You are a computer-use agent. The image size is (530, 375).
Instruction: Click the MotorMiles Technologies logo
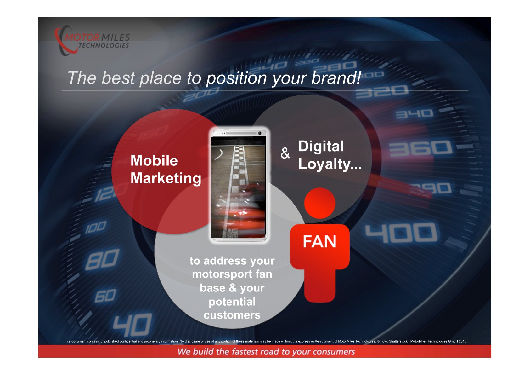coord(92,41)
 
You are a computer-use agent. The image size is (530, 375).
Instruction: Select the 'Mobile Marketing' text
coord(166,169)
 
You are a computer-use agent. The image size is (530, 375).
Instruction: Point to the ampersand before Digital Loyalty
coord(285,153)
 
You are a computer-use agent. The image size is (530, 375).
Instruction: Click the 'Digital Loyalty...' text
coord(330,155)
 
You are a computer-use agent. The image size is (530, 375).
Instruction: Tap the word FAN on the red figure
coord(320,241)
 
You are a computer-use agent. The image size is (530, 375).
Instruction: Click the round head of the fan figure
coord(320,203)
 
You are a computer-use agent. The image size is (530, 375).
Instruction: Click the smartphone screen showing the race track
coord(238,188)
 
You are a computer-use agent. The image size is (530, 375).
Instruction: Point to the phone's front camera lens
coord(260,133)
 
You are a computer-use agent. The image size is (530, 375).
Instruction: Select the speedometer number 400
coord(401,233)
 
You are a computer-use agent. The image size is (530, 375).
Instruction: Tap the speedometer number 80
coord(102,260)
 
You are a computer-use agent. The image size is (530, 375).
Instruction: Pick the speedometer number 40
coord(132,325)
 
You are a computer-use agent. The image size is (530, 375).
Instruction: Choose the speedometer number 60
coord(105,296)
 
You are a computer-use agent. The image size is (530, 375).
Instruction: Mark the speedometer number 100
coord(96,227)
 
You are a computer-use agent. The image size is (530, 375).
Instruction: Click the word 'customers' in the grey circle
coord(232,315)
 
